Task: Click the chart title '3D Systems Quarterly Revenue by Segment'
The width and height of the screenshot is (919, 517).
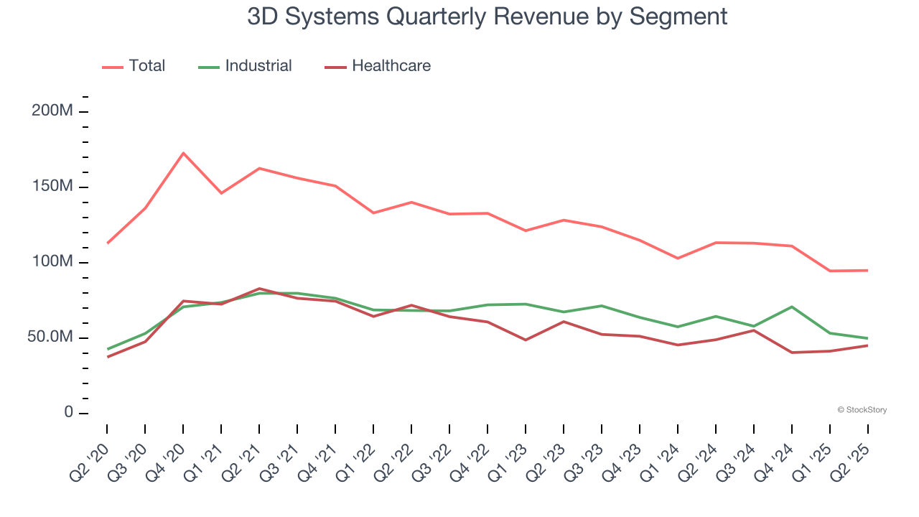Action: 488,17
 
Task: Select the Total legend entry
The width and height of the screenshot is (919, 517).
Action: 134,66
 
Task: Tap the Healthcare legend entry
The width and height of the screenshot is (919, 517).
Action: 378,66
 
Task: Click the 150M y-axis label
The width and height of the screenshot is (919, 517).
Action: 52,187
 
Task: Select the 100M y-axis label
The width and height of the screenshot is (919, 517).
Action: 52,262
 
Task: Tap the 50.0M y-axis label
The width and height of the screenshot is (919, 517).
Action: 50,337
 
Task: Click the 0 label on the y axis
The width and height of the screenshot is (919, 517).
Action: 67,413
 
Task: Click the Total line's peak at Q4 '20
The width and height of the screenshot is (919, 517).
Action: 183,153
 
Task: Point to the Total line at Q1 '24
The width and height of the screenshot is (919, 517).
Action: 678,258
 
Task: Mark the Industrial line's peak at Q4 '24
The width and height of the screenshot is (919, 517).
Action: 792,307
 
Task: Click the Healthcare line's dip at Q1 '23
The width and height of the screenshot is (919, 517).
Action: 526,340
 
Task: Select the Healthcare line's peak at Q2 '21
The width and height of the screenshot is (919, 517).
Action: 259,289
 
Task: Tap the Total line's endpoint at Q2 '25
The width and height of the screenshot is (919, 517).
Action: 867,270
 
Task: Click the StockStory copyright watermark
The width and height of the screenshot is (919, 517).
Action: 862,410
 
